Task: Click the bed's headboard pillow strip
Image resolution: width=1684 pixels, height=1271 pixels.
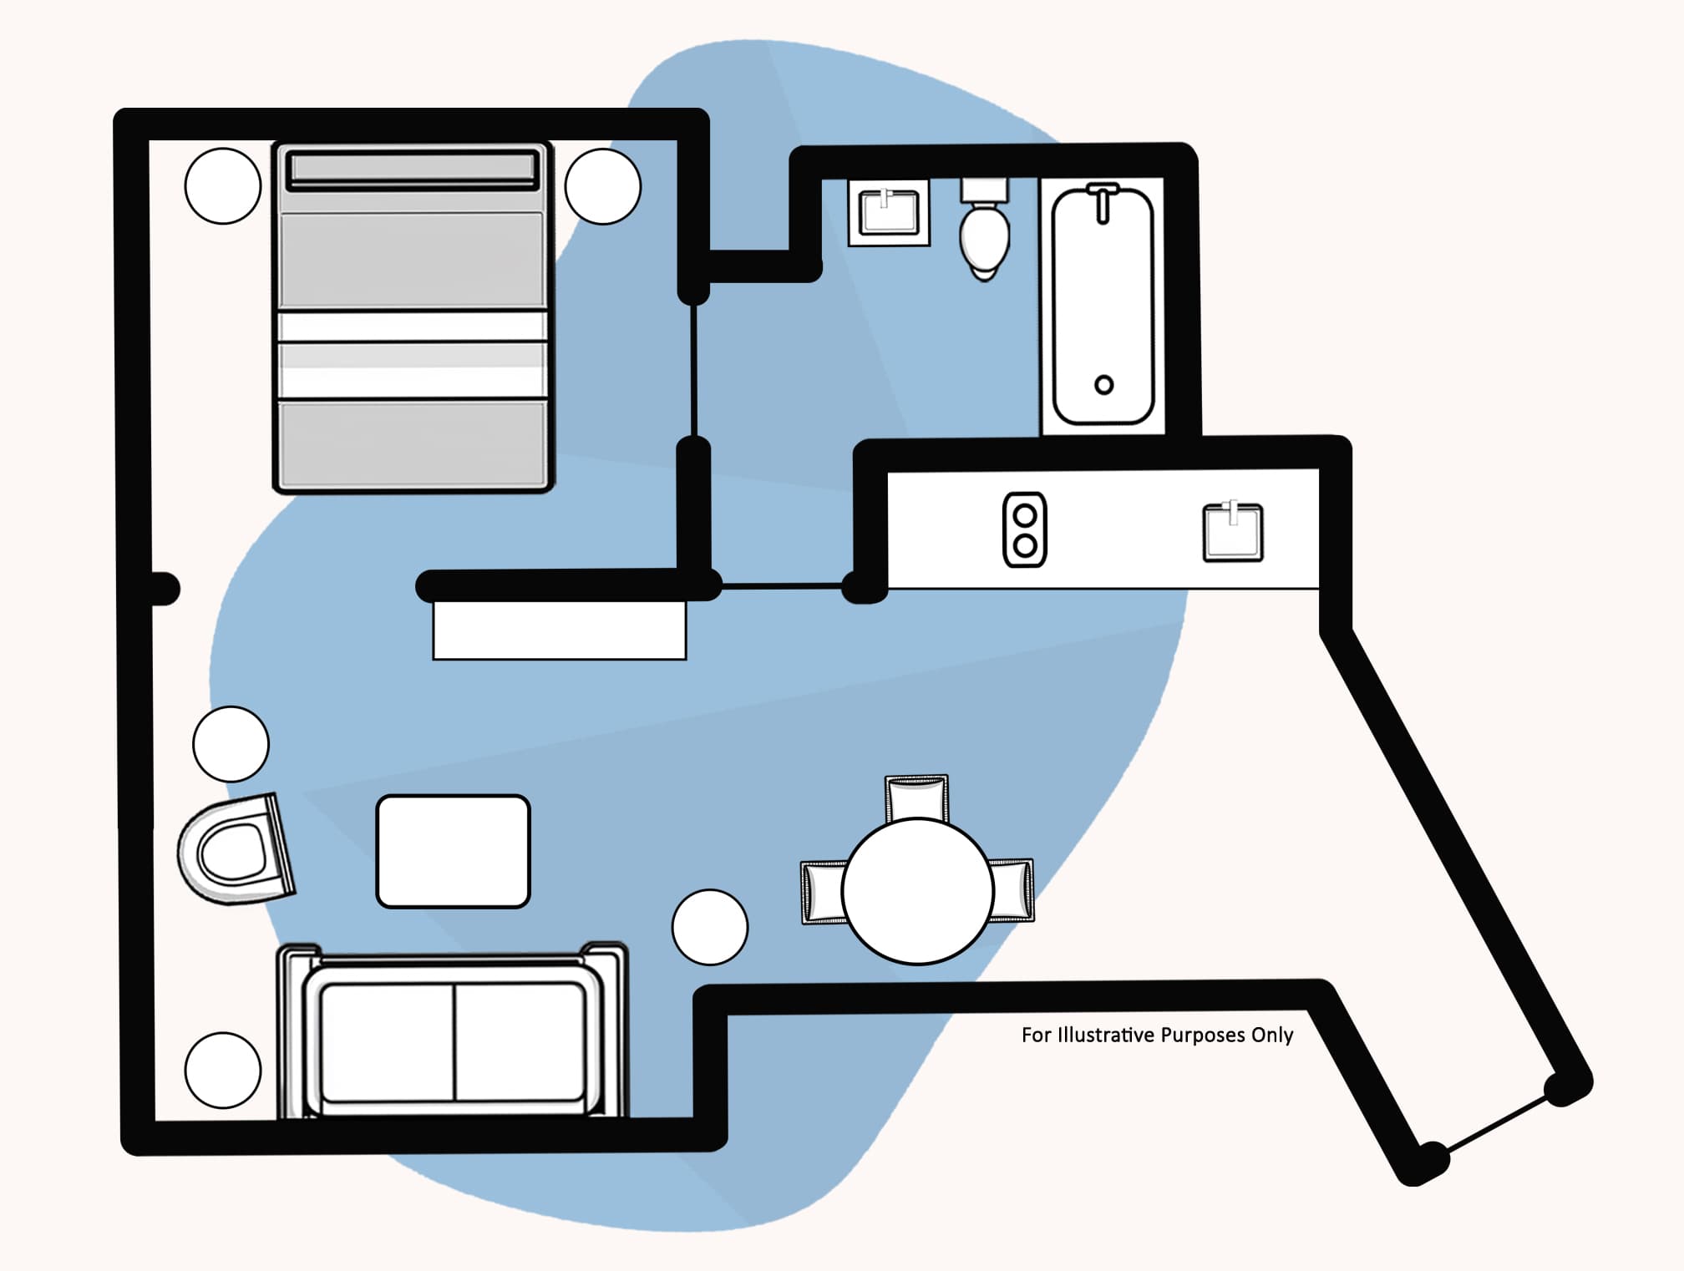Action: (x=412, y=169)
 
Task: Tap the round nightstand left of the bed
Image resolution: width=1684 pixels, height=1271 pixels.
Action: (x=222, y=185)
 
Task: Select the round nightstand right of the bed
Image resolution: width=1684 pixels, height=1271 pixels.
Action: (x=602, y=185)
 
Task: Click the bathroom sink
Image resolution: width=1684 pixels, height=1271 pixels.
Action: (x=889, y=212)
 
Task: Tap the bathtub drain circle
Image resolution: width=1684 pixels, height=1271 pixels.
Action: (x=1103, y=385)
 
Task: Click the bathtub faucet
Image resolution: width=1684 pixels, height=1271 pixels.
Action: (x=1103, y=201)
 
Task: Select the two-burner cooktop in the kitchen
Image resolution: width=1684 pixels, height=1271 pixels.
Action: (x=1024, y=530)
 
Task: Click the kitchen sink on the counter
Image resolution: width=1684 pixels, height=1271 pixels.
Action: (x=1232, y=532)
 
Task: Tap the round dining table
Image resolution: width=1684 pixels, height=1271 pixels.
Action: (x=917, y=891)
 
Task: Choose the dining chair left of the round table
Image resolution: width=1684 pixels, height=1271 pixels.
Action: (x=824, y=892)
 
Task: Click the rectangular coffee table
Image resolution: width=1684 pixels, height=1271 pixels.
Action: (x=453, y=851)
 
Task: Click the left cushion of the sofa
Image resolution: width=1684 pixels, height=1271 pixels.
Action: (x=387, y=1041)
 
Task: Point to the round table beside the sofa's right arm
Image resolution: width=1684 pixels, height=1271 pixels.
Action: (x=709, y=927)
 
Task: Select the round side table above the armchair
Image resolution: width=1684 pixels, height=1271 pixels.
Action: (x=231, y=744)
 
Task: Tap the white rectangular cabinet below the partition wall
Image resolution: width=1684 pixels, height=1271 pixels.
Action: (x=559, y=630)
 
